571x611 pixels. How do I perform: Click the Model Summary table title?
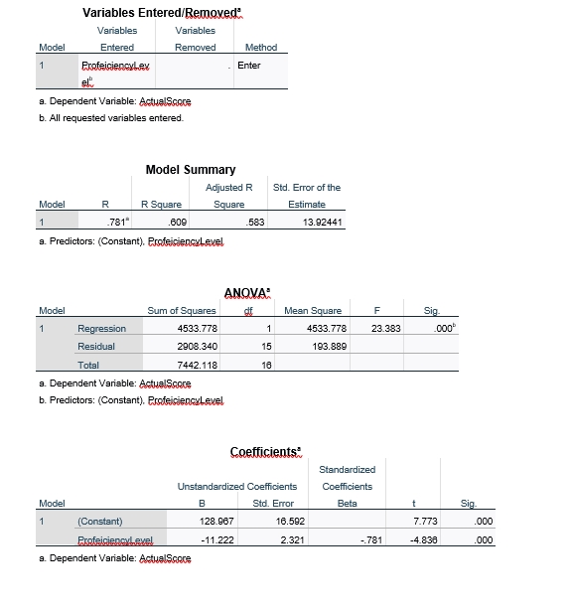coord(190,170)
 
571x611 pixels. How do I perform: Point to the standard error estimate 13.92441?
coord(319,224)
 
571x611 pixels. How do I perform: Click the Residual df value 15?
coord(266,347)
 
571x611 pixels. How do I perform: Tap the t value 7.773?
coord(429,522)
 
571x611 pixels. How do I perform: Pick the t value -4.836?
coord(428,539)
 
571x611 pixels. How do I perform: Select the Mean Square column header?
coord(313,311)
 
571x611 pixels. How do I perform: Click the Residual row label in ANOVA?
coord(95,347)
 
